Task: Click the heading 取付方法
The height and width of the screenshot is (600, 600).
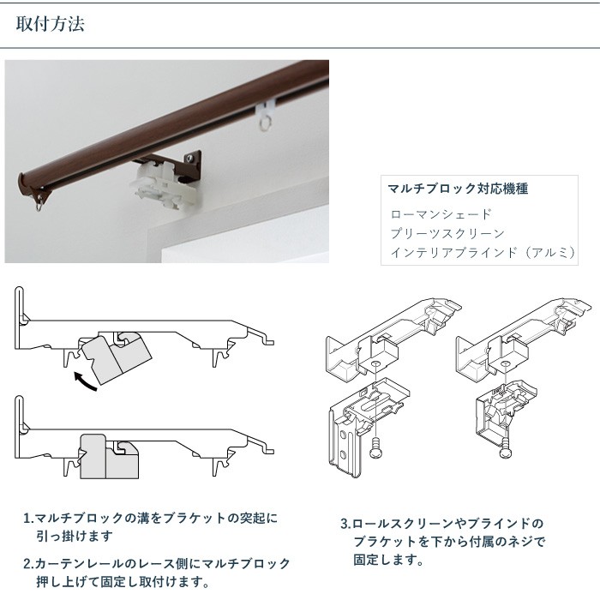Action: pyautogui.click(x=51, y=24)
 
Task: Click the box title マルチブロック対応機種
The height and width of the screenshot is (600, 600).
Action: pyautogui.click(x=458, y=188)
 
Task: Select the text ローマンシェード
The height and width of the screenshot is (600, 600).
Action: pyautogui.click(x=441, y=213)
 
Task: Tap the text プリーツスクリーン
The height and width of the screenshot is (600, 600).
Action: pyautogui.click(x=447, y=233)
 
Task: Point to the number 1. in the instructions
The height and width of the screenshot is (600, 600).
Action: pyautogui.click(x=28, y=519)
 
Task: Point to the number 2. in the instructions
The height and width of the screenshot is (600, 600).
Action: pyautogui.click(x=28, y=564)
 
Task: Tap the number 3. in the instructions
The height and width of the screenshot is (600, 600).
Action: pyautogui.click(x=345, y=523)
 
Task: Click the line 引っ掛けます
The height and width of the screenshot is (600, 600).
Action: pyautogui.click(x=75, y=537)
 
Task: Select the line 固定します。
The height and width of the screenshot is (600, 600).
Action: pyautogui.click(x=387, y=561)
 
